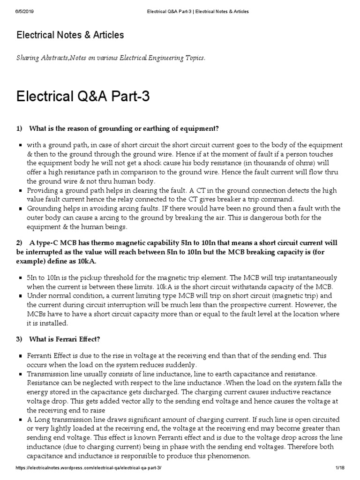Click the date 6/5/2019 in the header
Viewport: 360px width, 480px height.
(x=17, y=11)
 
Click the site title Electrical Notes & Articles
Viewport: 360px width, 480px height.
(x=70, y=35)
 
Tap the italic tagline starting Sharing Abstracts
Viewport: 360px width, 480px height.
(x=111, y=58)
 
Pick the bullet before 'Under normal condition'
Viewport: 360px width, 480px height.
(x=21, y=296)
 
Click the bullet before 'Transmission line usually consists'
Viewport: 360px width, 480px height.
(x=21, y=374)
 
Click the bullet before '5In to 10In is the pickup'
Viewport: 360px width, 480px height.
(x=21, y=278)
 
